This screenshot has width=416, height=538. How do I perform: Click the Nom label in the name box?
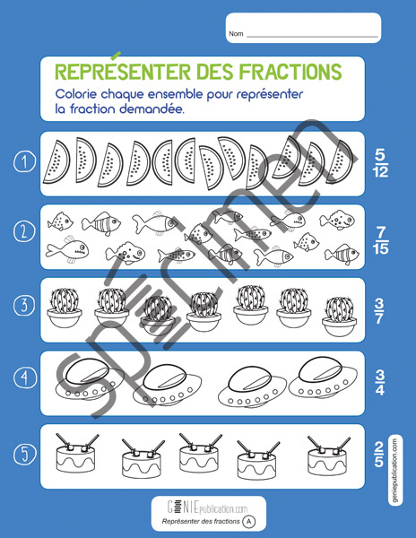pyautogui.click(x=236, y=34)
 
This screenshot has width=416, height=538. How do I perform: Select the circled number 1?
pyautogui.click(x=24, y=162)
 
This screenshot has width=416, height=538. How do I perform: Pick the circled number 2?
pyautogui.click(x=24, y=231)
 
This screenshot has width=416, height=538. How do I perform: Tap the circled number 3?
pyautogui.click(x=24, y=305)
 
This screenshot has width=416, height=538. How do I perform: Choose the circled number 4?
pyautogui.click(x=24, y=377)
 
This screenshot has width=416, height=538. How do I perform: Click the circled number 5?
pyautogui.click(x=24, y=454)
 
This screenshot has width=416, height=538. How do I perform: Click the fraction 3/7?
pyautogui.click(x=379, y=311)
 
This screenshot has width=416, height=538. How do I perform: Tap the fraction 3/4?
pyautogui.click(x=379, y=383)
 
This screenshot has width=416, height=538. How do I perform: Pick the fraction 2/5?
pyautogui.click(x=378, y=455)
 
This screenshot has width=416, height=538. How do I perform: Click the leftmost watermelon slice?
pyautogui.click(x=56, y=161)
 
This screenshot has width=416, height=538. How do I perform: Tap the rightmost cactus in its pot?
pyautogui.click(x=339, y=317)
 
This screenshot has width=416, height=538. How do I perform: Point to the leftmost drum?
pyautogui.click(x=77, y=453)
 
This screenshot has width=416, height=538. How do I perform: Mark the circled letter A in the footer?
pyautogui.click(x=249, y=522)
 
